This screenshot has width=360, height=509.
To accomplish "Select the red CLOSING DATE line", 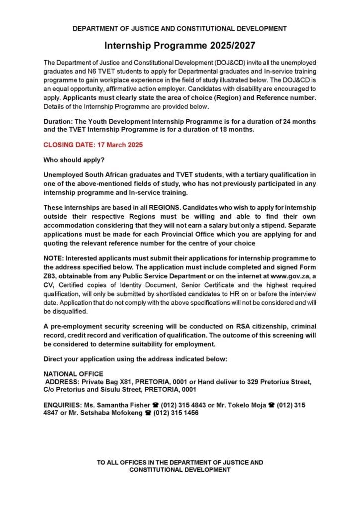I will pyautogui.click(x=93, y=145).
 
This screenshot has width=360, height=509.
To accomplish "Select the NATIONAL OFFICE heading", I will pyautogui.click(x=74, y=373).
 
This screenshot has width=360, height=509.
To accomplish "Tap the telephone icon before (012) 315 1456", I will pyautogui.click(x=147, y=413).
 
